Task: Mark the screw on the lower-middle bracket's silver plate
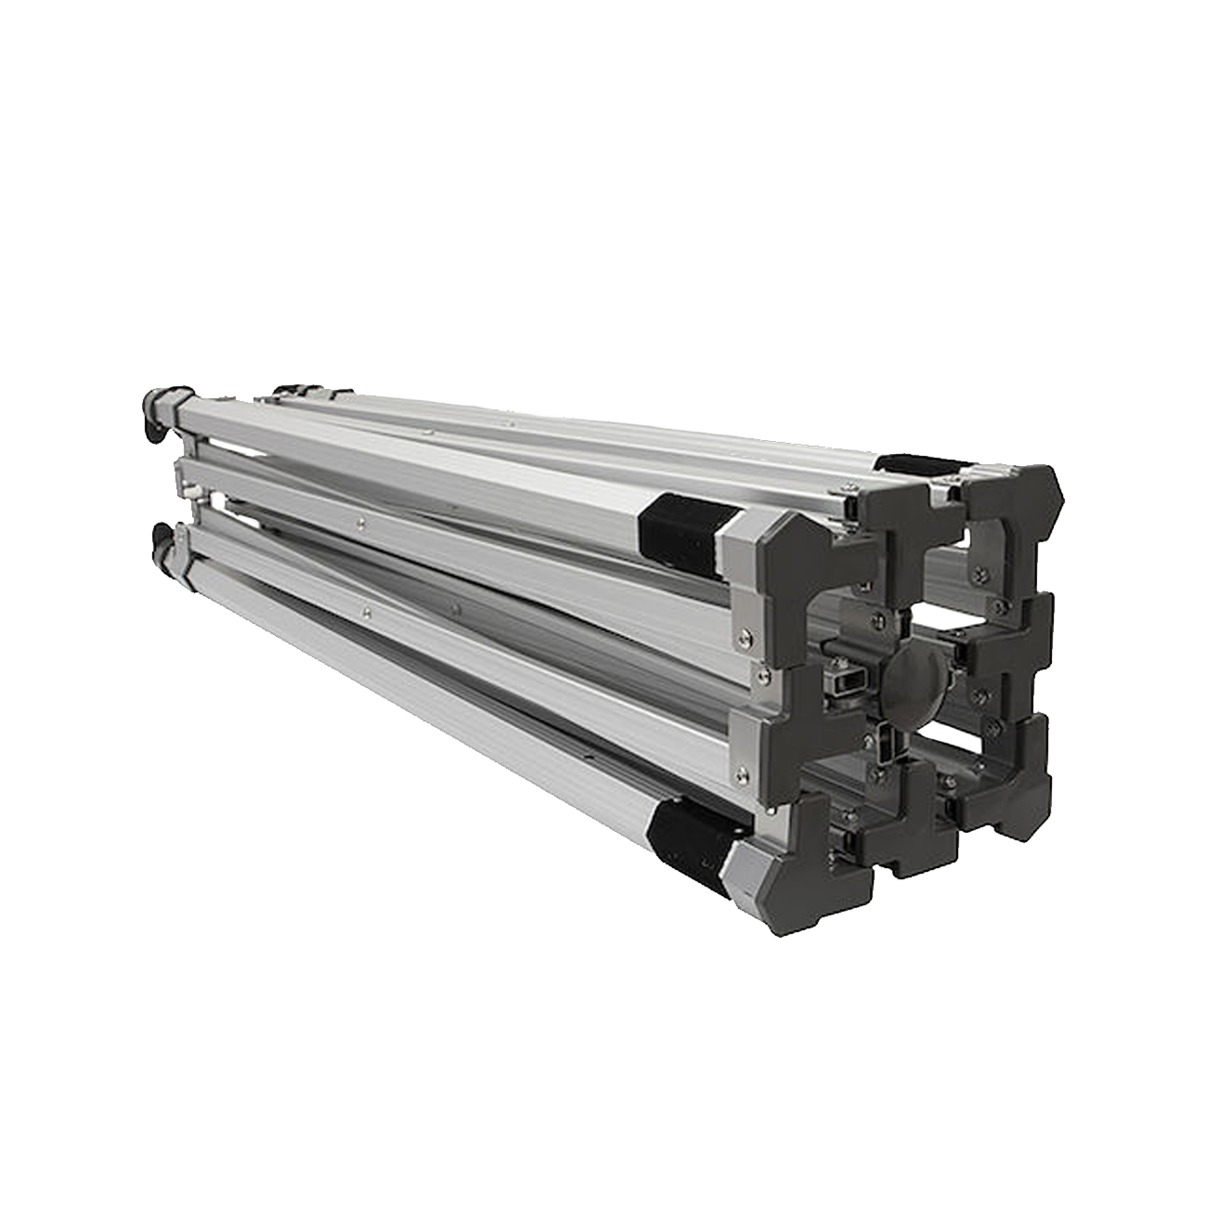[x=740, y=771]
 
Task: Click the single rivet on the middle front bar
[x=357, y=522]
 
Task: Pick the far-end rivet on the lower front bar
[x=368, y=611]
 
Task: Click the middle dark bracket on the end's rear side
[x=1012, y=641]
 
